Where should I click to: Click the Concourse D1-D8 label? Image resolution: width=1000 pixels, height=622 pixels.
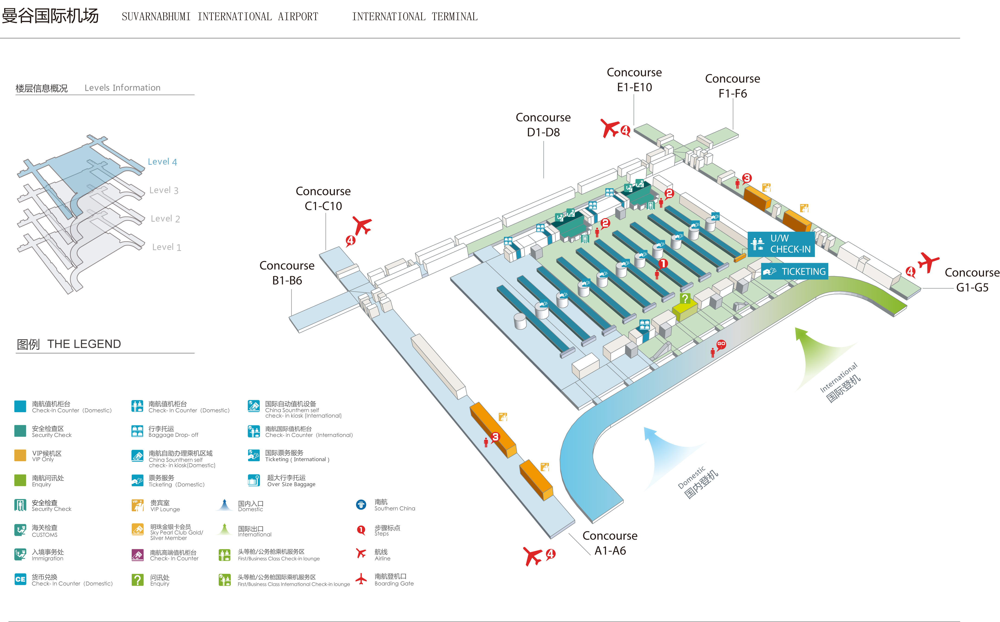pyautogui.click(x=543, y=125)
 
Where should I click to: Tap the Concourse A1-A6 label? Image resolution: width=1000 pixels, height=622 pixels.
pyautogui.click(x=610, y=543)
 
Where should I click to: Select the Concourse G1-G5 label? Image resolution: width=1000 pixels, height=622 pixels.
pyautogui.click(x=972, y=280)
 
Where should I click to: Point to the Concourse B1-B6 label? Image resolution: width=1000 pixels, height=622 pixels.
pyautogui.click(x=287, y=273)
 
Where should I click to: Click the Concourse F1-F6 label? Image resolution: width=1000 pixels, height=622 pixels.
pyautogui.click(x=732, y=86)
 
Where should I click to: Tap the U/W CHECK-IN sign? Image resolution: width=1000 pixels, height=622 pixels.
pyautogui.click(x=781, y=244)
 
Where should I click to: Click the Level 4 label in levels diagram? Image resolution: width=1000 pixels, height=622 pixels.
pyautogui.click(x=162, y=162)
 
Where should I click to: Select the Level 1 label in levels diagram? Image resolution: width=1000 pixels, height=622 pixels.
pyautogui.click(x=166, y=247)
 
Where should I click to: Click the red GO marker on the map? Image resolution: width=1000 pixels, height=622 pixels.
pyautogui.click(x=721, y=344)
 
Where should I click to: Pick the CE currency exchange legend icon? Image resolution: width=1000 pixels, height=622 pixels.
pyautogui.click(x=20, y=579)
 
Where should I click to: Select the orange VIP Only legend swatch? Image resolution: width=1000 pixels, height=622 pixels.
pyautogui.click(x=20, y=456)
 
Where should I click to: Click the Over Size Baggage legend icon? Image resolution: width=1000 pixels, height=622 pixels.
pyautogui.click(x=254, y=480)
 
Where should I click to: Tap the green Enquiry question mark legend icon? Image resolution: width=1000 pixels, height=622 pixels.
pyautogui.click(x=137, y=580)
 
